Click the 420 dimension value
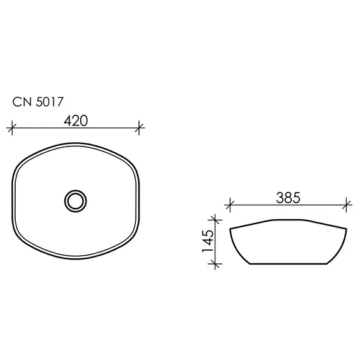coord(76,121)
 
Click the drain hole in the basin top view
coord(76,201)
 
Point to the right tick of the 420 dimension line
coord(140,129)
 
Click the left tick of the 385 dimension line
coord(231,205)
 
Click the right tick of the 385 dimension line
coord(347,205)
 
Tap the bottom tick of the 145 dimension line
coord(217,264)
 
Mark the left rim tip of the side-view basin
coord(231,227)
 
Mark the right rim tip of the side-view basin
coord(347,229)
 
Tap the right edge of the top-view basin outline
coord(139,201)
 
